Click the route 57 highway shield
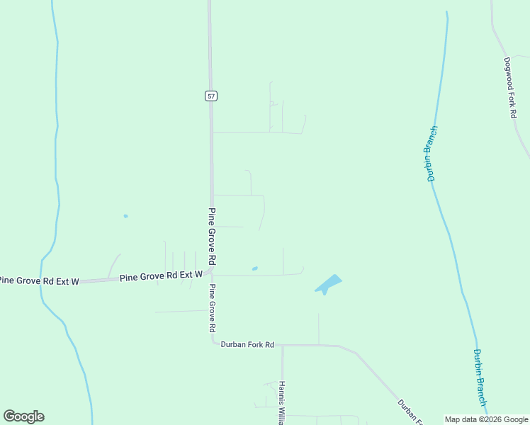tap(211, 96)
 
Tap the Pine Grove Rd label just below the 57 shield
tap(211, 237)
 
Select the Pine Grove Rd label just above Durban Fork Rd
tap(211, 309)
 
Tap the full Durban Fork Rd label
tap(247, 344)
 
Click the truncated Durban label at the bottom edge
tap(410, 411)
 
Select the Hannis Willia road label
tap(282, 402)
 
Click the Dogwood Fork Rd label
tap(509, 87)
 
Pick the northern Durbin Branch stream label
tap(432, 154)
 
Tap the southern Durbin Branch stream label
tap(480, 378)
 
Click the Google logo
tap(23, 416)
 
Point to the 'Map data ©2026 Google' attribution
tap(486, 419)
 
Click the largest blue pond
tap(327, 284)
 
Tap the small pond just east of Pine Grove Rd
tap(254, 268)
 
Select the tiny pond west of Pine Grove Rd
tap(125, 216)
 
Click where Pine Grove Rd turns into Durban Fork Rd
tap(213, 343)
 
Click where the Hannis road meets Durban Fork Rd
tap(282, 346)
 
